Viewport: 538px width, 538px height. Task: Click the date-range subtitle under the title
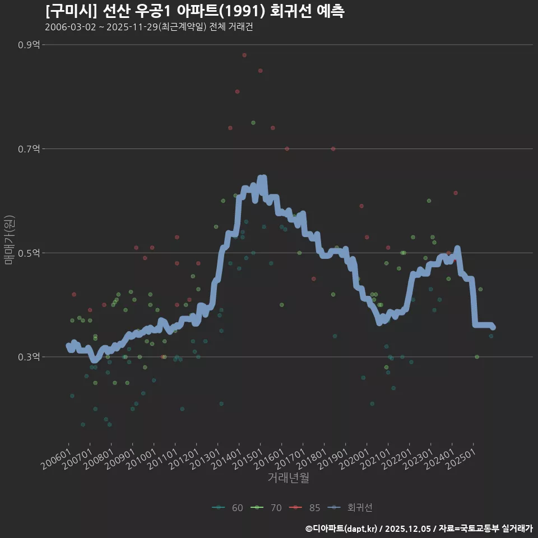click(x=149, y=27)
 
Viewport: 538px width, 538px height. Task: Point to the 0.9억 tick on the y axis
click(x=29, y=45)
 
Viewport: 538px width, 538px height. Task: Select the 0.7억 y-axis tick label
click(x=29, y=149)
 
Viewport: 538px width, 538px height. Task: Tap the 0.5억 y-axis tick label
click(x=29, y=253)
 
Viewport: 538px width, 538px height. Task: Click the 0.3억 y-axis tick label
click(x=29, y=357)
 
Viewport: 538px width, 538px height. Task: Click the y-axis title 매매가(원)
click(x=10, y=239)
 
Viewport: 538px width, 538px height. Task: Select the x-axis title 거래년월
click(x=288, y=477)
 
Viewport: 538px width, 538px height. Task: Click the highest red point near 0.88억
click(x=244, y=55)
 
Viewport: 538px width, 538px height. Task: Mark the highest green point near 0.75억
click(x=253, y=123)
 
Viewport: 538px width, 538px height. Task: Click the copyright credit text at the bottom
click(x=419, y=528)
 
